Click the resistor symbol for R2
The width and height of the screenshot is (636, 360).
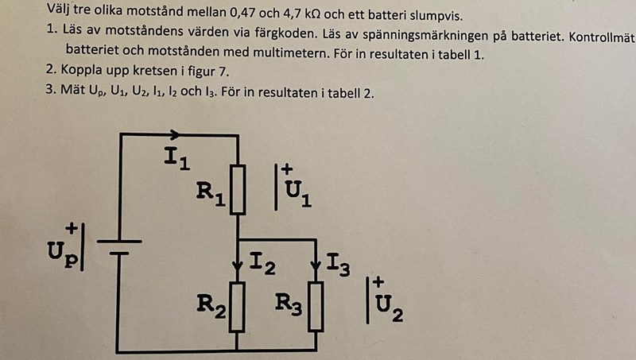click(238, 306)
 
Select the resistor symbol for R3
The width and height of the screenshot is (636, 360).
click(316, 306)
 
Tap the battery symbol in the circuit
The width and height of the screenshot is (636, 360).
click(119, 247)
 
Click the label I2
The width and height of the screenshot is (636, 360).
click(263, 264)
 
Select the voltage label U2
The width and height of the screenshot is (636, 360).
click(389, 305)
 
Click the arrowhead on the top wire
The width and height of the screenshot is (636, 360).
click(176, 135)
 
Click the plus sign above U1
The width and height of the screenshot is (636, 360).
click(287, 169)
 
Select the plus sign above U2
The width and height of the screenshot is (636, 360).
click(378, 282)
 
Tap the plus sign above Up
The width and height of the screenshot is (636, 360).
click(72, 228)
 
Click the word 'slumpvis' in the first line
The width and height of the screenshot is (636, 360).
click(435, 16)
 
